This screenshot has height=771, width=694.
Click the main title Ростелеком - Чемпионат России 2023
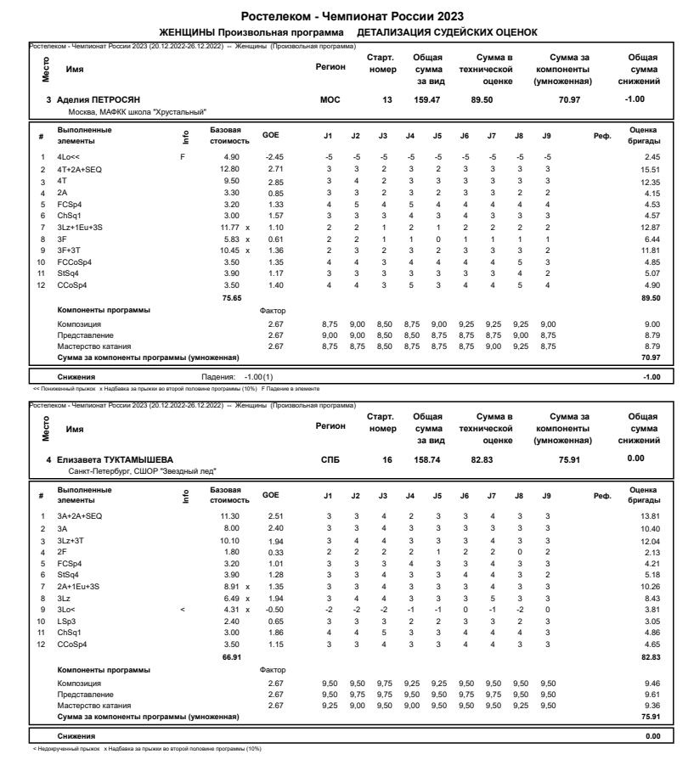click(x=347, y=16)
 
